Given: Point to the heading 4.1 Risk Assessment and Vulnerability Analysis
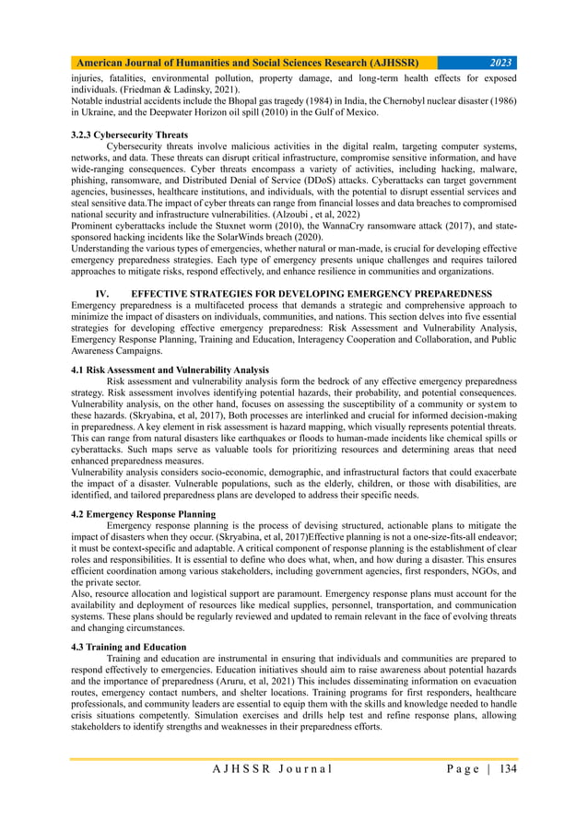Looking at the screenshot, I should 170,369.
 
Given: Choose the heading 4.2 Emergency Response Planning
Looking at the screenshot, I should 144,512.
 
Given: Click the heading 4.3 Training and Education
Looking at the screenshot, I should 129,647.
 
